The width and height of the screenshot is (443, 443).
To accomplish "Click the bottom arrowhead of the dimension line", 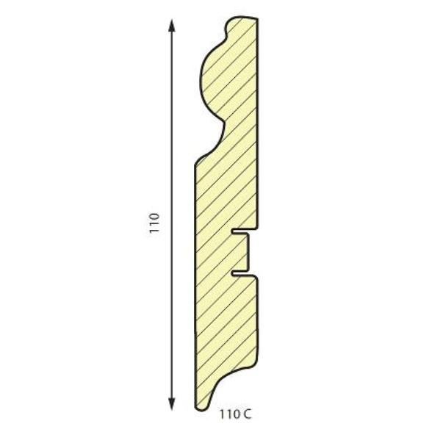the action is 171,403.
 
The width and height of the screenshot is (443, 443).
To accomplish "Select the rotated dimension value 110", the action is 154,223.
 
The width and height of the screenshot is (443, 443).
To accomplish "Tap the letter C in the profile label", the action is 246,415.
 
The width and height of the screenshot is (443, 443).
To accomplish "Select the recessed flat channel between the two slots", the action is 248,252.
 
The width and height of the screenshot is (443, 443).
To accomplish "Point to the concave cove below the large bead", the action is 221,136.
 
